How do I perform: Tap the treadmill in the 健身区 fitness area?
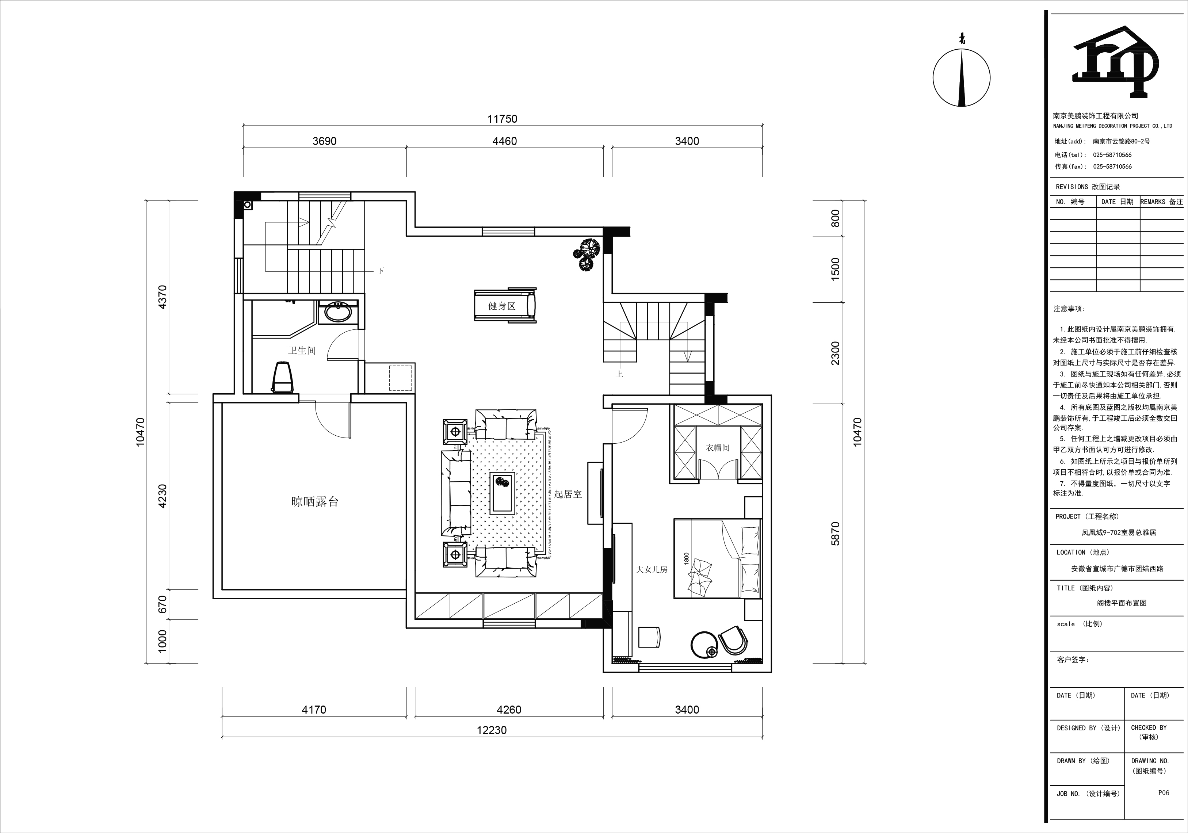tap(505, 305)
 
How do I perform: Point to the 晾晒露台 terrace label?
tap(314, 501)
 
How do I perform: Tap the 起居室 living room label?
tap(568, 494)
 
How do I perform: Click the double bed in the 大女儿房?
tap(717, 558)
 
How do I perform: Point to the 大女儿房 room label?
tap(652, 570)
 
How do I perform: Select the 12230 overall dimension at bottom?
tap(492, 730)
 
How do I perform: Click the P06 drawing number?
tap(1163, 792)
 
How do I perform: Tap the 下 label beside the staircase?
tap(381, 271)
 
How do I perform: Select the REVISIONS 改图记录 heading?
tap(1088, 187)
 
